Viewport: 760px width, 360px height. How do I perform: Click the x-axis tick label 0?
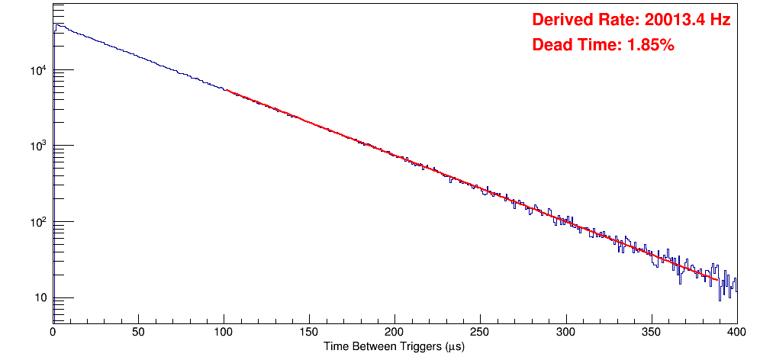52,333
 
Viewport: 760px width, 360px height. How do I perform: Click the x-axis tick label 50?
138,333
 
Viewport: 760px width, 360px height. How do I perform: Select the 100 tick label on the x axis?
224,333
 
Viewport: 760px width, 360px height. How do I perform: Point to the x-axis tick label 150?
309,333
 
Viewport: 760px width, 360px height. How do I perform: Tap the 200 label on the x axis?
394,333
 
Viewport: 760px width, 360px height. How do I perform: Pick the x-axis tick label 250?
480,333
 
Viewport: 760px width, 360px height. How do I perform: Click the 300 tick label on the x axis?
566,333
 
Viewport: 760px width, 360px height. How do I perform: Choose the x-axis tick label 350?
652,333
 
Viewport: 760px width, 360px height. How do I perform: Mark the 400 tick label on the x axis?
736,333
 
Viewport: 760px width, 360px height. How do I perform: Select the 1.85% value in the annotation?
650,46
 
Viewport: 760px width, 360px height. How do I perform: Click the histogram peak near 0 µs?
56,24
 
